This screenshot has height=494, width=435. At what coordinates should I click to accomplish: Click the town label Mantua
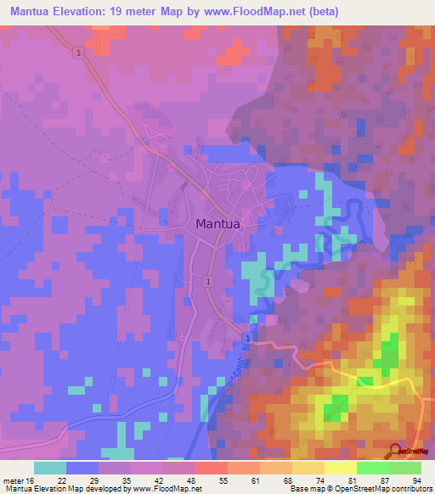[217, 224]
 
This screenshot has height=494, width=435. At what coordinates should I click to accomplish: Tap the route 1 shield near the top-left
[78, 53]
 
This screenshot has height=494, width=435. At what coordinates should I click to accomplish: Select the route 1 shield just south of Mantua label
[208, 279]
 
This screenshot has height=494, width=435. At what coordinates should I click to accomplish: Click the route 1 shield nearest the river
[246, 339]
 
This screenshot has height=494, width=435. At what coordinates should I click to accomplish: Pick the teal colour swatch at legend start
[49, 468]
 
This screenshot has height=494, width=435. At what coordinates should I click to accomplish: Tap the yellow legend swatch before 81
[340, 468]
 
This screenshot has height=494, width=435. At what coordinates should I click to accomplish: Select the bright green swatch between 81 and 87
[372, 468]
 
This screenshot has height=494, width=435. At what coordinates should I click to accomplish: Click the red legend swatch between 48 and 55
[211, 468]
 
